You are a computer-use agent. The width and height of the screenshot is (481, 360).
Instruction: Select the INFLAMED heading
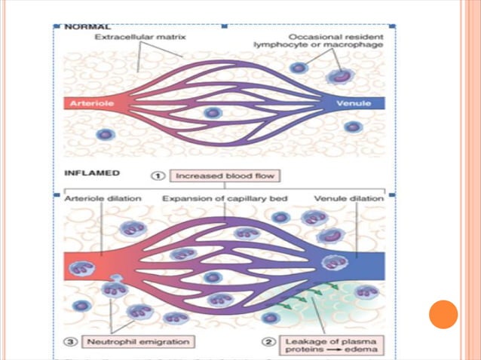(x=92, y=173)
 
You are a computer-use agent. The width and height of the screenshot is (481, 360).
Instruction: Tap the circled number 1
(x=158, y=176)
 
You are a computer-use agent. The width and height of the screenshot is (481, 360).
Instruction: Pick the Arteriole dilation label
(x=103, y=198)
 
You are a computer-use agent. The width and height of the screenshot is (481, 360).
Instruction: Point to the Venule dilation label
(x=349, y=198)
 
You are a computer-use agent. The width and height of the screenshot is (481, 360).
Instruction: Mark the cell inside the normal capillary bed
(x=213, y=113)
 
